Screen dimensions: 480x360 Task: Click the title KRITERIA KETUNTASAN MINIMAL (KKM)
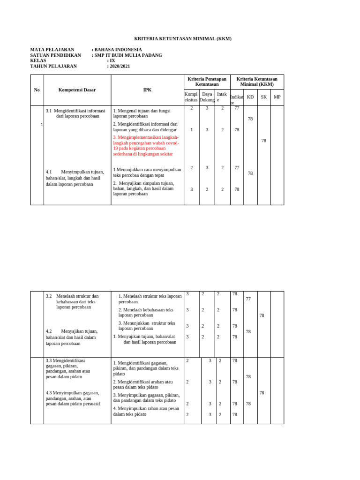[182, 38]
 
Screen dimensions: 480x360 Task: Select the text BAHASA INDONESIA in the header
[118, 50]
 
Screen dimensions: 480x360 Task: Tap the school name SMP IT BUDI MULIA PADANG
[128, 55]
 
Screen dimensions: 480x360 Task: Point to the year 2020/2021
[120, 66]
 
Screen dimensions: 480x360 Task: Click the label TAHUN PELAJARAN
[53, 66]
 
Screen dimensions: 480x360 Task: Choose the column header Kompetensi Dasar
[77, 90]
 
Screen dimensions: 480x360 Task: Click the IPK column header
[147, 90]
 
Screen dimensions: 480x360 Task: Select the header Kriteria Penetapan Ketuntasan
[207, 82]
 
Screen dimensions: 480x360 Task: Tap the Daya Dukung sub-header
[207, 97]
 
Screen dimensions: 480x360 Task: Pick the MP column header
[277, 97]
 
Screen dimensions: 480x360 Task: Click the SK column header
[263, 97]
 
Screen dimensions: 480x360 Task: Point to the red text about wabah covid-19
[146, 145]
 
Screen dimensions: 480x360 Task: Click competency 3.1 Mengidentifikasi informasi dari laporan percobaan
[76, 113]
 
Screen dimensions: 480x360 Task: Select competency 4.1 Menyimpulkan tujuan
[75, 178]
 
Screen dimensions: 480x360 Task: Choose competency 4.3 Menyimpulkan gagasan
[73, 398]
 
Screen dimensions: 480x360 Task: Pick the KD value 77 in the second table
[248, 299]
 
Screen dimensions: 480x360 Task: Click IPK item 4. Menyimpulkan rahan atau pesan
[146, 411]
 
